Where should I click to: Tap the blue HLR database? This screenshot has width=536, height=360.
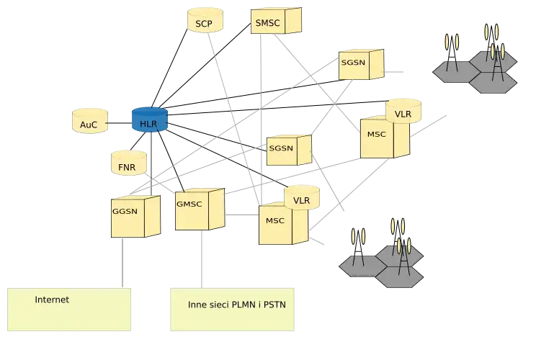click(x=149, y=121)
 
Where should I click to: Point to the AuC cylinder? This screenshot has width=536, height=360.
click(x=89, y=122)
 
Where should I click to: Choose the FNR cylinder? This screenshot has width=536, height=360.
click(x=128, y=165)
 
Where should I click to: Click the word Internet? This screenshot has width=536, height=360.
click(x=52, y=300)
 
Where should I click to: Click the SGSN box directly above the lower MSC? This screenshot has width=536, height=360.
click(x=287, y=150)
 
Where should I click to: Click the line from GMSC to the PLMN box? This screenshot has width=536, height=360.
click(x=202, y=259)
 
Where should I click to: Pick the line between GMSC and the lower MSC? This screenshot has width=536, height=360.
click(x=242, y=215)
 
